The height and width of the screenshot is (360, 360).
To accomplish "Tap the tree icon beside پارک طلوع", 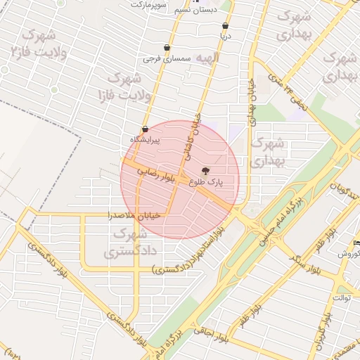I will point(205,171).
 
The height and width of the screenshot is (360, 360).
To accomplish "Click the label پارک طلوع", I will point(205,181).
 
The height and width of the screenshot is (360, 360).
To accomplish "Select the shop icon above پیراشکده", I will point(145,129).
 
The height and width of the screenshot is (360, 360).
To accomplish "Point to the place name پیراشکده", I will point(145,139).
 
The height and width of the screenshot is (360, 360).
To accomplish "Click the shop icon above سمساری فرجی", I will point(167,48).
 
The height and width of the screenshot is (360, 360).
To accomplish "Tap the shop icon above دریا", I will point(225,26).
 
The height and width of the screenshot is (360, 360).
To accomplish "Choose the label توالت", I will point(341,297).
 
